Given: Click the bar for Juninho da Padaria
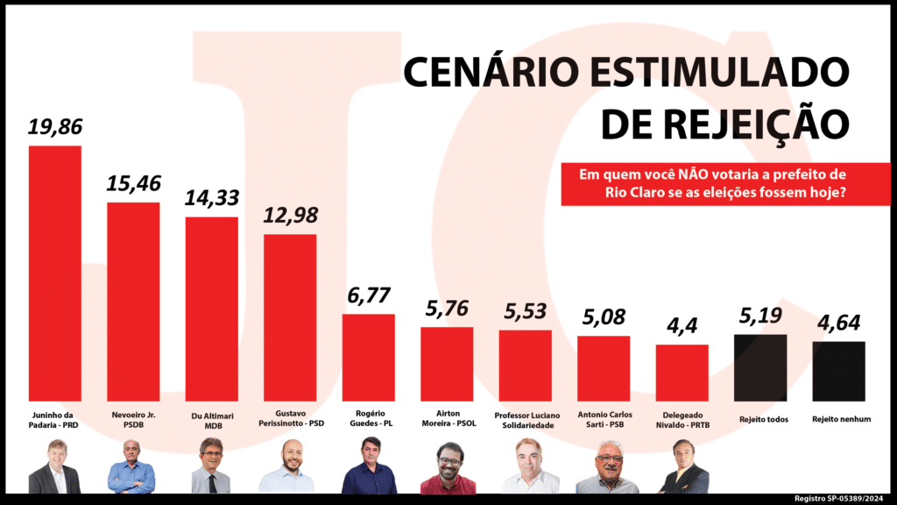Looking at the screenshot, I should pyautogui.click(x=55, y=272).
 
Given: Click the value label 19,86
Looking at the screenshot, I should pyautogui.click(x=55, y=127).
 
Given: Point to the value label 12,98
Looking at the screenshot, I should pyautogui.click(x=290, y=216).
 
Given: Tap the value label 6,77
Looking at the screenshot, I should pyautogui.click(x=368, y=295).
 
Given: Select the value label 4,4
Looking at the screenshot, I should pyautogui.click(x=682, y=326).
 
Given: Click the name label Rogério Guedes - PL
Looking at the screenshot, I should pyautogui.click(x=368, y=419).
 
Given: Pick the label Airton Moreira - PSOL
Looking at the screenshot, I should pyautogui.click(x=447, y=419).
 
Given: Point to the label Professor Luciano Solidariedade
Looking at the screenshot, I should pyautogui.click(x=526, y=419).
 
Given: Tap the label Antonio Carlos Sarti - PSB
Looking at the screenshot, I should pyautogui.click(x=604, y=419).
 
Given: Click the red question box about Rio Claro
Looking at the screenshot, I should pyautogui.click(x=725, y=183).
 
